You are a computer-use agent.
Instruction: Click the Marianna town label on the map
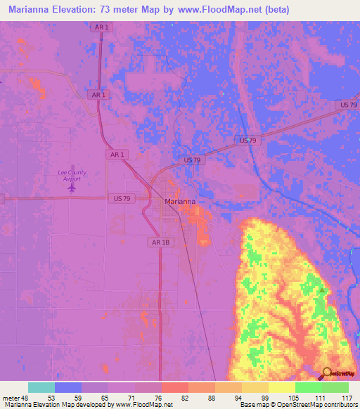coord(179,201)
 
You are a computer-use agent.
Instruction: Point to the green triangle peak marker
coord(322,289)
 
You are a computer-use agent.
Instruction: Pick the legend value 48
coord(25,398)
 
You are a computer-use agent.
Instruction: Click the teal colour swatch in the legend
coord(41,387)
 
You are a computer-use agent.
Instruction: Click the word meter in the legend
coord(11,398)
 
